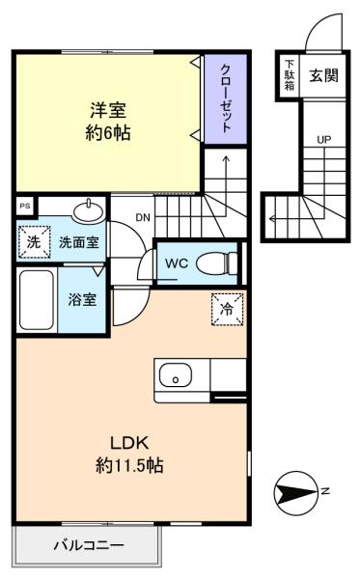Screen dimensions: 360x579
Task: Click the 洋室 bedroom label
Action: [x=108, y=110]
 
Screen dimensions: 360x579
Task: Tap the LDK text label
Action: [x=129, y=443]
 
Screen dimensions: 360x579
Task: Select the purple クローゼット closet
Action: [x=226, y=99]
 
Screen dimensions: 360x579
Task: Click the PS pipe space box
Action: [x=25, y=207]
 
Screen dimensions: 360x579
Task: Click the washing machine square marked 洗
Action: [x=34, y=242]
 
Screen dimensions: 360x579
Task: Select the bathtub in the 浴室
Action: [x=36, y=300]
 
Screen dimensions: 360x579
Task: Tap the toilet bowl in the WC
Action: [x=217, y=263]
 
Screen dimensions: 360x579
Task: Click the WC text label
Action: [x=177, y=263]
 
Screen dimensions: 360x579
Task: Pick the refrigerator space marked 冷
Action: [x=227, y=310]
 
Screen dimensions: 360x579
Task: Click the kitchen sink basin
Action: [x=176, y=376]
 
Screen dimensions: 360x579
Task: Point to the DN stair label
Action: [x=143, y=218]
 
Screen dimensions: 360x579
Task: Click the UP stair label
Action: [x=324, y=140]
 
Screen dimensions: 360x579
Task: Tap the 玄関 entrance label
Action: [x=323, y=75]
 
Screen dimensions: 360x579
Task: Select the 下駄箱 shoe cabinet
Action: [x=290, y=75]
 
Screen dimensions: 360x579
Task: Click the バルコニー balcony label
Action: [x=89, y=545]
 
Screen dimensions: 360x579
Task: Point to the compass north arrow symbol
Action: [x=295, y=492]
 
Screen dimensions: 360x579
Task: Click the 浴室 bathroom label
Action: [x=82, y=300]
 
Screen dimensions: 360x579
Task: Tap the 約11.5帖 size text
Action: [x=129, y=465]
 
